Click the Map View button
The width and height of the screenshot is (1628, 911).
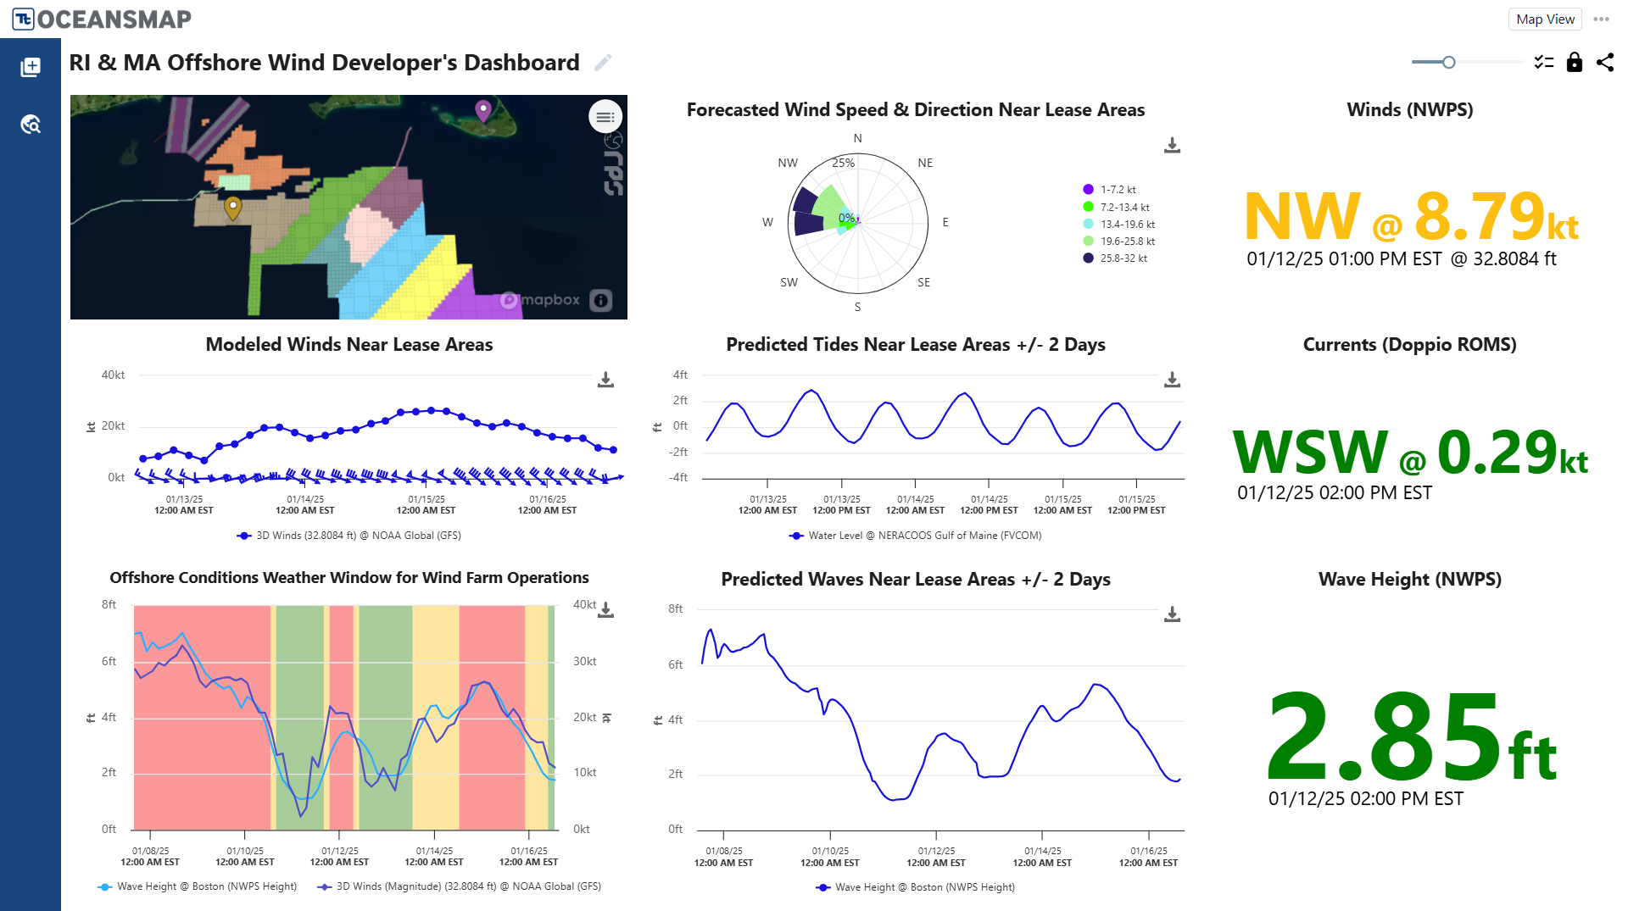click(1544, 19)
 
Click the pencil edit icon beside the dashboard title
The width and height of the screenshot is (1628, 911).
click(603, 63)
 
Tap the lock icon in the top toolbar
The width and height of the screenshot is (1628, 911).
click(1574, 63)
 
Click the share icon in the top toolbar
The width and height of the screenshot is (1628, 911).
click(1605, 63)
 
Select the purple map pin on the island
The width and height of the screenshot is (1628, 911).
click(483, 109)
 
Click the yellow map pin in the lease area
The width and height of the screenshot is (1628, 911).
click(232, 206)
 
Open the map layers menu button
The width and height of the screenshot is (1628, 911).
click(605, 117)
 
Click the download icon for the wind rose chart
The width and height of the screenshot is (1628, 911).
click(1172, 146)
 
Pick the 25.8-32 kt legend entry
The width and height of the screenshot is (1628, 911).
click(1123, 258)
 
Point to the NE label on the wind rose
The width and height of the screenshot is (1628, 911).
click(925, 163)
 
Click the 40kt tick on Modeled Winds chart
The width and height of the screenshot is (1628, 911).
click(113, 375)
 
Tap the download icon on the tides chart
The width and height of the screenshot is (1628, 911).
click(1172, 380)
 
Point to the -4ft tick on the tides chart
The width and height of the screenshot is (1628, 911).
click(678, 477)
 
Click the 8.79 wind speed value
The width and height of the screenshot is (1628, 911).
click(1480, 216)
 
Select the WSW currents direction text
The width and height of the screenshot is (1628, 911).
click(1309, 452)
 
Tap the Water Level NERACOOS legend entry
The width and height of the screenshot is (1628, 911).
click(916, 536)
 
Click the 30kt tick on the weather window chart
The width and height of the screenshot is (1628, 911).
click(584, 661)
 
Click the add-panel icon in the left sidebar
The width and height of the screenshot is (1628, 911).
click(31, 67)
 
